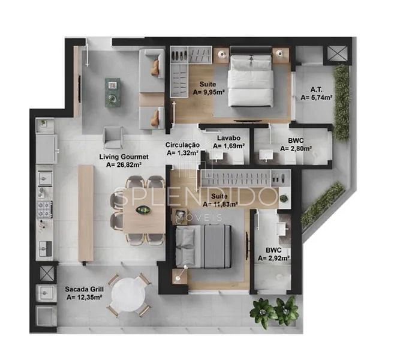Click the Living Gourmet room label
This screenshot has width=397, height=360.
pos(124,157)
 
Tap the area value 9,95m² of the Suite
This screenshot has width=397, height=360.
pos(209,92)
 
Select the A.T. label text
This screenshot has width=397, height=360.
pos(317,89)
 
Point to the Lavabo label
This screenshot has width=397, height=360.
pos(228,138)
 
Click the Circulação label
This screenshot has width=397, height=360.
pos(182,145)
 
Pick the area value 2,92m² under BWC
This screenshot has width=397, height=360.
pos(273,258)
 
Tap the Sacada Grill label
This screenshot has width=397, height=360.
pos(85,289)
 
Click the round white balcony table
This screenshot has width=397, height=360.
pos(129,294)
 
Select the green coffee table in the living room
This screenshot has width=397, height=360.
pos(113,92)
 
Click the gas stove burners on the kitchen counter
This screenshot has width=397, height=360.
pos(44,209)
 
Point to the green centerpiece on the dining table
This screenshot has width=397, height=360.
pos(143,210)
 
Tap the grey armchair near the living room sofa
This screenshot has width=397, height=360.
pos(113,138)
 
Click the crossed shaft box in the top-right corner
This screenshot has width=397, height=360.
pos(336,54)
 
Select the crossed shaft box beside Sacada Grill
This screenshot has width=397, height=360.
pos(47,273)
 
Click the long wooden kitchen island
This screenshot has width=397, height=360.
pos(86,213)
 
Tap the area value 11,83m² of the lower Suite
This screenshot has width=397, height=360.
pos(220,204)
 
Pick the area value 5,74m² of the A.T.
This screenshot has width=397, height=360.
pos(317,97)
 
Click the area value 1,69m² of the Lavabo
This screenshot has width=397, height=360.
pos(228,146)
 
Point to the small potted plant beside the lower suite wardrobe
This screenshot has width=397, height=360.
pos(284,198)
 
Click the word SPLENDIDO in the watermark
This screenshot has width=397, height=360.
pos(196,197)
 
